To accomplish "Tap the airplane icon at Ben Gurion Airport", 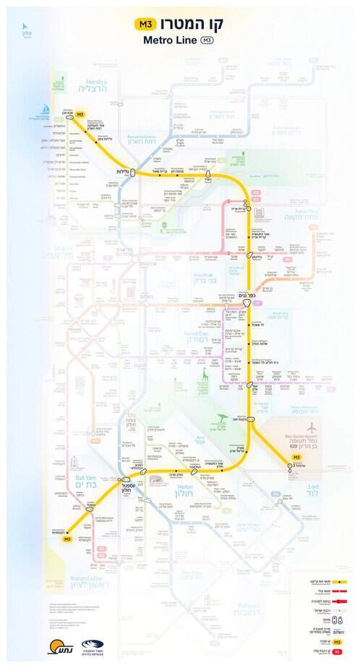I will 311,427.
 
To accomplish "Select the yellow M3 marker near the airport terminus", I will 296,458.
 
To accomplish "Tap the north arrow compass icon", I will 27,30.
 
